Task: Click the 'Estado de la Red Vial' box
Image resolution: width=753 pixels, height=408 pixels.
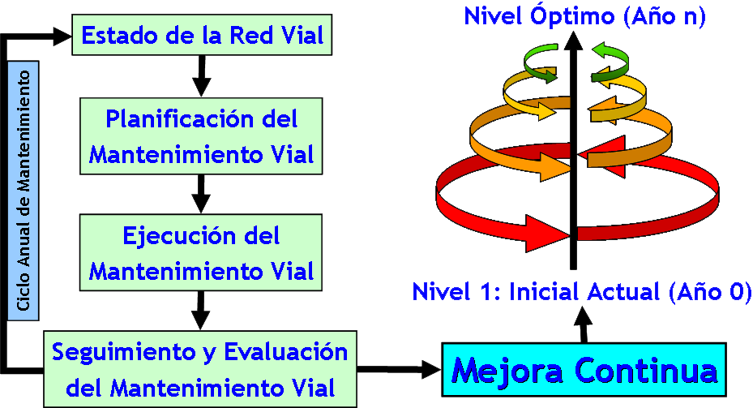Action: point(202,36)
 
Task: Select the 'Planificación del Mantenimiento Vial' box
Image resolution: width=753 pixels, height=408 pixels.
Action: point(202,135)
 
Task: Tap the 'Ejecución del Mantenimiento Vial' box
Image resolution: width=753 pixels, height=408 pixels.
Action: point(202,251)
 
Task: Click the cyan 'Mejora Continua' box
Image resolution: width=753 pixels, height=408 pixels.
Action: point(584,371)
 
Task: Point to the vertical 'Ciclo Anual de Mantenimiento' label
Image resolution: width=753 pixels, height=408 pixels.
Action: point(24,191)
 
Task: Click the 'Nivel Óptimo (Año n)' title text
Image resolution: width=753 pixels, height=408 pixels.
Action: point(584,16)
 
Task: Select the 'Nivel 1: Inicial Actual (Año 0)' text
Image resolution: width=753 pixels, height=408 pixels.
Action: point(582,292)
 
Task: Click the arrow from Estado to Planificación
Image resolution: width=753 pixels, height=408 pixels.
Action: point(202,77)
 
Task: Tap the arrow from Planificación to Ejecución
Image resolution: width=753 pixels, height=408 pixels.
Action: point(202,194)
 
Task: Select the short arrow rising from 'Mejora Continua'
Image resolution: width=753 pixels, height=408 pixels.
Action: point(583,326)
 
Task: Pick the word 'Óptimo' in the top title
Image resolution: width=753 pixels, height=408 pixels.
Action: point(558,16)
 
